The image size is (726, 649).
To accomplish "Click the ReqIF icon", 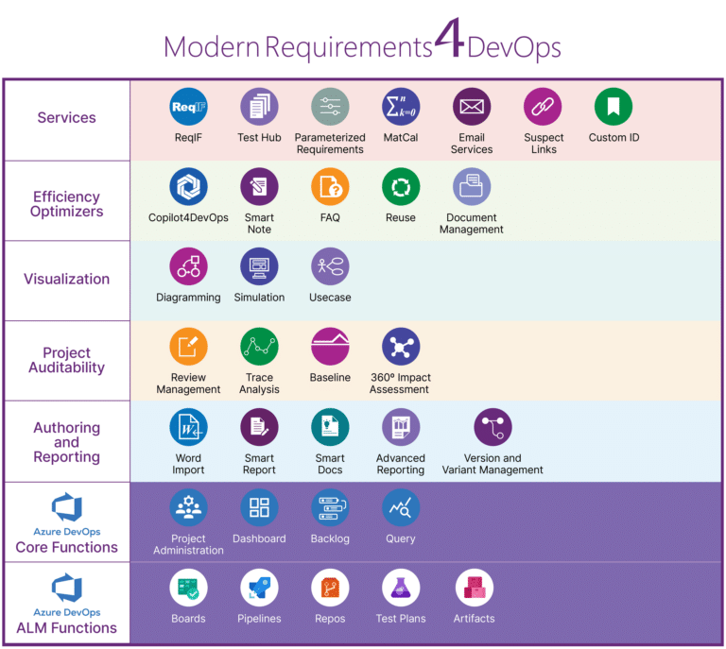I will pos(188,107).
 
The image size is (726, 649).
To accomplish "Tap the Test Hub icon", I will pos(259,107).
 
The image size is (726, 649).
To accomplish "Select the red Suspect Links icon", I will pos(543,107).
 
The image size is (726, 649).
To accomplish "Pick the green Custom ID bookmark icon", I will pos(614,107).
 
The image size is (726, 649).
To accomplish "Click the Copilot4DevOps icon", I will pos(188,187).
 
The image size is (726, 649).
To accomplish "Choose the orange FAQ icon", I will pos(330,187).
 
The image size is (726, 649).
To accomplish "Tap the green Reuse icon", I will pos(401,187).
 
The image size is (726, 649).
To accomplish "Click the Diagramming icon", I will pos(188,267).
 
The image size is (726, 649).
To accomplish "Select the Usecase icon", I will pos(330,267).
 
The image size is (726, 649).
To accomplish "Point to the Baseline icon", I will pos(330,347).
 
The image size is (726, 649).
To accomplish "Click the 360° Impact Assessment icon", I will pos(401,347).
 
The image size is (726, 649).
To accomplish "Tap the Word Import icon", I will pos(188,427).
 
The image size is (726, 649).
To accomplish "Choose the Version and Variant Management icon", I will pos(493,427).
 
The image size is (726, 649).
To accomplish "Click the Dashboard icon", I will pos(259,507).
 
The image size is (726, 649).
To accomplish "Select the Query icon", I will pos(401,507).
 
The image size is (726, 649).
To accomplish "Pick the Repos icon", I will pos(330,588).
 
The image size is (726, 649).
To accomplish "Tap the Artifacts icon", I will pos(474,588).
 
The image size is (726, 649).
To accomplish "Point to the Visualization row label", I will pos(66,279).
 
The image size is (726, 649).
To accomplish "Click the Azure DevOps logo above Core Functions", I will pos(66,507).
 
